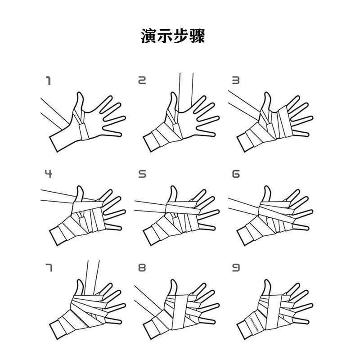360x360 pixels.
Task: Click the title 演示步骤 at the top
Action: point(173,36)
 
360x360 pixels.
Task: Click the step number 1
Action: point(48,81)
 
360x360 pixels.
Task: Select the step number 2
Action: point(142,81)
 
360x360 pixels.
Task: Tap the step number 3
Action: point(235,81)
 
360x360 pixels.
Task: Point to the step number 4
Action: point(48,174)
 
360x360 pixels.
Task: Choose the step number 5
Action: point(142,174)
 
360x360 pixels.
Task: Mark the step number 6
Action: point(235,174)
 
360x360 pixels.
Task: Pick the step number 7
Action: point(48,268)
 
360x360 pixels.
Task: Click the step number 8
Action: point(142,268)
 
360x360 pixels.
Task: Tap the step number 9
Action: point(235,268)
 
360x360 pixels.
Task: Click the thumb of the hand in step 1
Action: point(79,101)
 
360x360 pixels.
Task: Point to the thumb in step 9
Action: point(267,288)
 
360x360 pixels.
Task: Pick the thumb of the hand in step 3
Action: point(267,101)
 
